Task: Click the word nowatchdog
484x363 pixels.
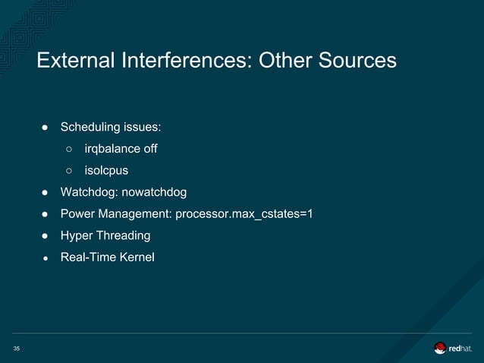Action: click(151, 191)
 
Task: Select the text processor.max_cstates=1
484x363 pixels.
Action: click(244, 213)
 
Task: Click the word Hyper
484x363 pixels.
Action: click(77, 235)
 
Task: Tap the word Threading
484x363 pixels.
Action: click(123, 235)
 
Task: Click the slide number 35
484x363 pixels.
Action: click(16, 349)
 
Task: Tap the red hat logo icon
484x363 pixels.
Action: click(440, 348)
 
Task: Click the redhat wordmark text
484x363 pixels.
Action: click(460, 349)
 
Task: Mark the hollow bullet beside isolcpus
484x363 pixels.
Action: click(68, 170)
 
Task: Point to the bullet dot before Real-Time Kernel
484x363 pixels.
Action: click(46, 257)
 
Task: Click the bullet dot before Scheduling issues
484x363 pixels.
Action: click(46, 126)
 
